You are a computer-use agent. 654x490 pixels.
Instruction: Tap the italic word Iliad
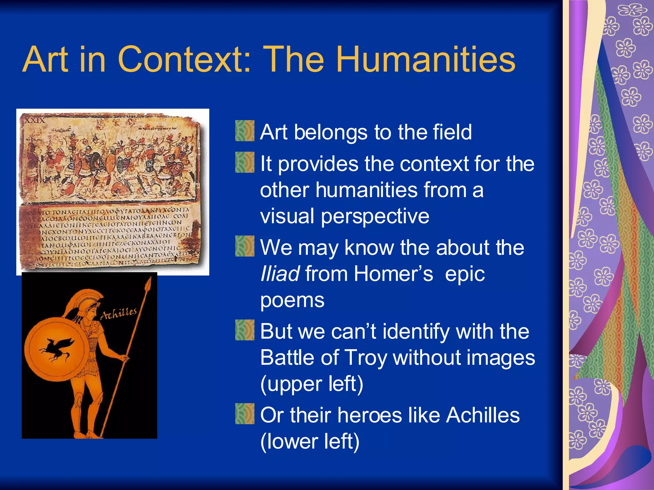(x=280, y=274)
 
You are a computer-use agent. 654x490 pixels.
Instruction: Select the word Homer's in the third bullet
(x=393, y=274)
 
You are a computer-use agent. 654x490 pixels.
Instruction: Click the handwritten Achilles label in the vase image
(x=118, y=313)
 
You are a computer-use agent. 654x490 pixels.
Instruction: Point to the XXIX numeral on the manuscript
(x=35, y=121)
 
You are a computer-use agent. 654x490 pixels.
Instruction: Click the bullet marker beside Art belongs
(x=245, y=131)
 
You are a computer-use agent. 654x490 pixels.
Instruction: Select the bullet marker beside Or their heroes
(x=245, y=414)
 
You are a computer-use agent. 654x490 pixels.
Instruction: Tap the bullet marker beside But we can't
(x=245, y=330)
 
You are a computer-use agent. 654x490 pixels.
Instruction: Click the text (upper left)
(x=312, y=384)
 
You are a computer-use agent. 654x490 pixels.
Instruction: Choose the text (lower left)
(x=310, y=442)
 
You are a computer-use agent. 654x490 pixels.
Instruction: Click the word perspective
(x=375, y=216)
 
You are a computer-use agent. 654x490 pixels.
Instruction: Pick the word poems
(x=292, y=300)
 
